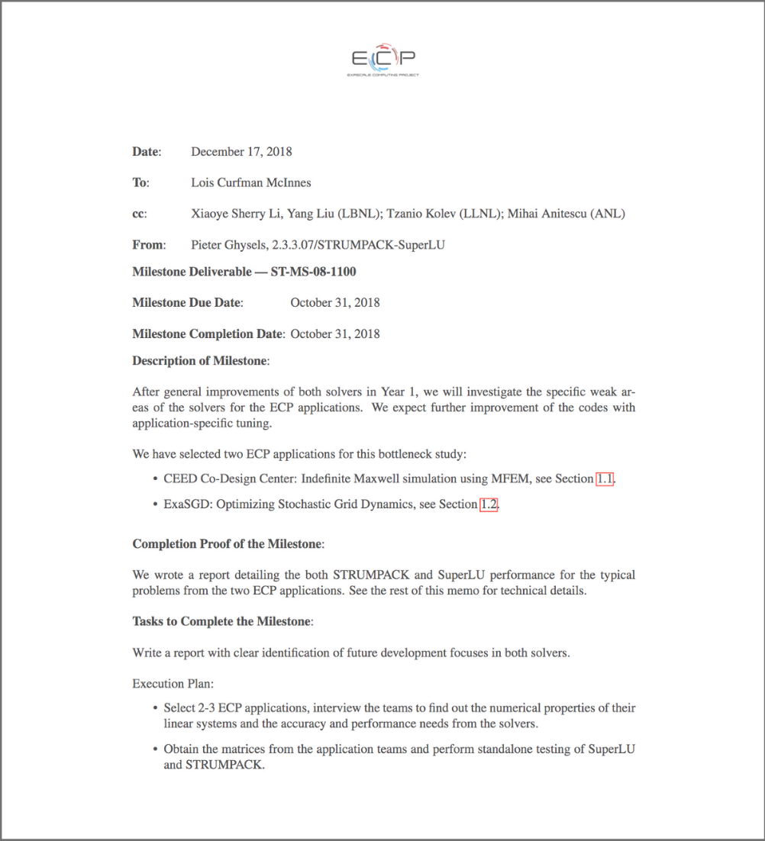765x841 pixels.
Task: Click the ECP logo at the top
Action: pos(382,60)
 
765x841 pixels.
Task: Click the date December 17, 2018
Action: pos(241,152)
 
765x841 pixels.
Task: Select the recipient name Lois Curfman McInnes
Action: pos(250,182)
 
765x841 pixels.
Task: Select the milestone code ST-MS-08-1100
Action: pos(313,272)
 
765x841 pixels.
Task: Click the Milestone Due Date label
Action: pos(187,302)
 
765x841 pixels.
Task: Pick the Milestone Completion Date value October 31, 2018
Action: pos(335,333)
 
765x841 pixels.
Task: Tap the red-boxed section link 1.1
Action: pos(605,478)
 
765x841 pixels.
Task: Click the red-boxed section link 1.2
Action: pos(489,504)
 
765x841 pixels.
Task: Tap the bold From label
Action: pos(148,245)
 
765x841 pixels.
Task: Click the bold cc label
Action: pos(139,214)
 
